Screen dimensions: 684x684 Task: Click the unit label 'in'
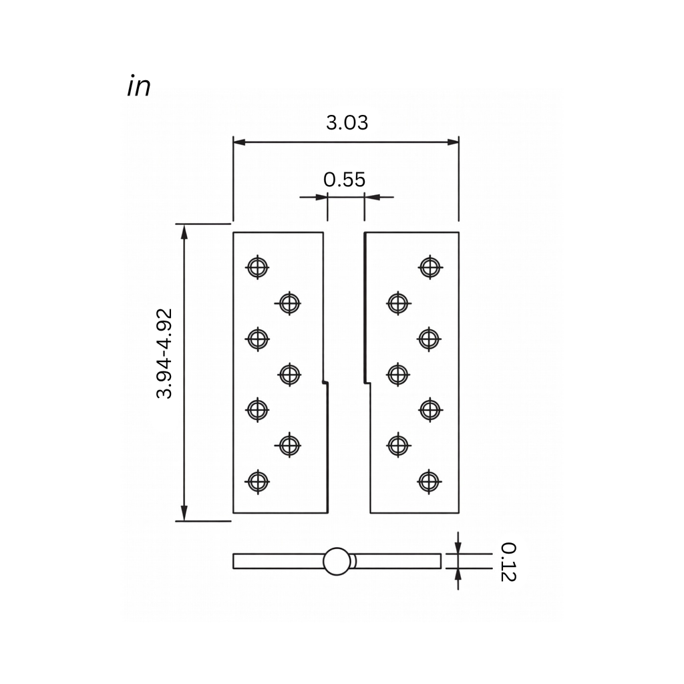pyautogui.click(x=138, y=87)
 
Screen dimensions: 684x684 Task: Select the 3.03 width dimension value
pyautogui.click(x=347, y=123)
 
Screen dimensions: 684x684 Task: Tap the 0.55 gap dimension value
pyautogui.click(x=345, y=179)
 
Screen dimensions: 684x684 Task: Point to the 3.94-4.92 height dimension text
pyautogui.click(x=164, y=353)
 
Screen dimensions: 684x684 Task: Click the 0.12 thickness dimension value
pyautogui.click(x=508, y=562)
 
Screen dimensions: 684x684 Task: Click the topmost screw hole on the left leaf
pyautogui.click(x=257, y=267)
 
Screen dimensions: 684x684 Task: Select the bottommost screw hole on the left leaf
pyautogui.click(x=257, y=481)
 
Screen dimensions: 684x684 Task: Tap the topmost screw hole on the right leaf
pyautogui.click(x=430, y=267)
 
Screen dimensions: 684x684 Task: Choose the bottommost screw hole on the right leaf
pyautogui.click(x=429, y=481)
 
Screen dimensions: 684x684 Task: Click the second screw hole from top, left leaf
pyautogui.click(x=289, y=303)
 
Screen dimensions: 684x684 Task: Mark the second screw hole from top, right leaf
pyautogui.click(x=397, y=303)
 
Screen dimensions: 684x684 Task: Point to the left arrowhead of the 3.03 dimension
pyautogui.click(x=238, y=142)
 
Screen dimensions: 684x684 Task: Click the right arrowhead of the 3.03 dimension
pyautogui.click(x=454, y=142)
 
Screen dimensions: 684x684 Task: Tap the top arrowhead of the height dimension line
pyautogui.click(x=184, y=230)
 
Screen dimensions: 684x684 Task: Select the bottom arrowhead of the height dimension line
pyautogui.click(x=184, y=514)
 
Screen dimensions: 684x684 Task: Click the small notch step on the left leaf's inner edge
pyautogui.click(x=325, y=383)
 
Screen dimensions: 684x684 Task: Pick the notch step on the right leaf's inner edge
pyautogui.click(x=367, y=383)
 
